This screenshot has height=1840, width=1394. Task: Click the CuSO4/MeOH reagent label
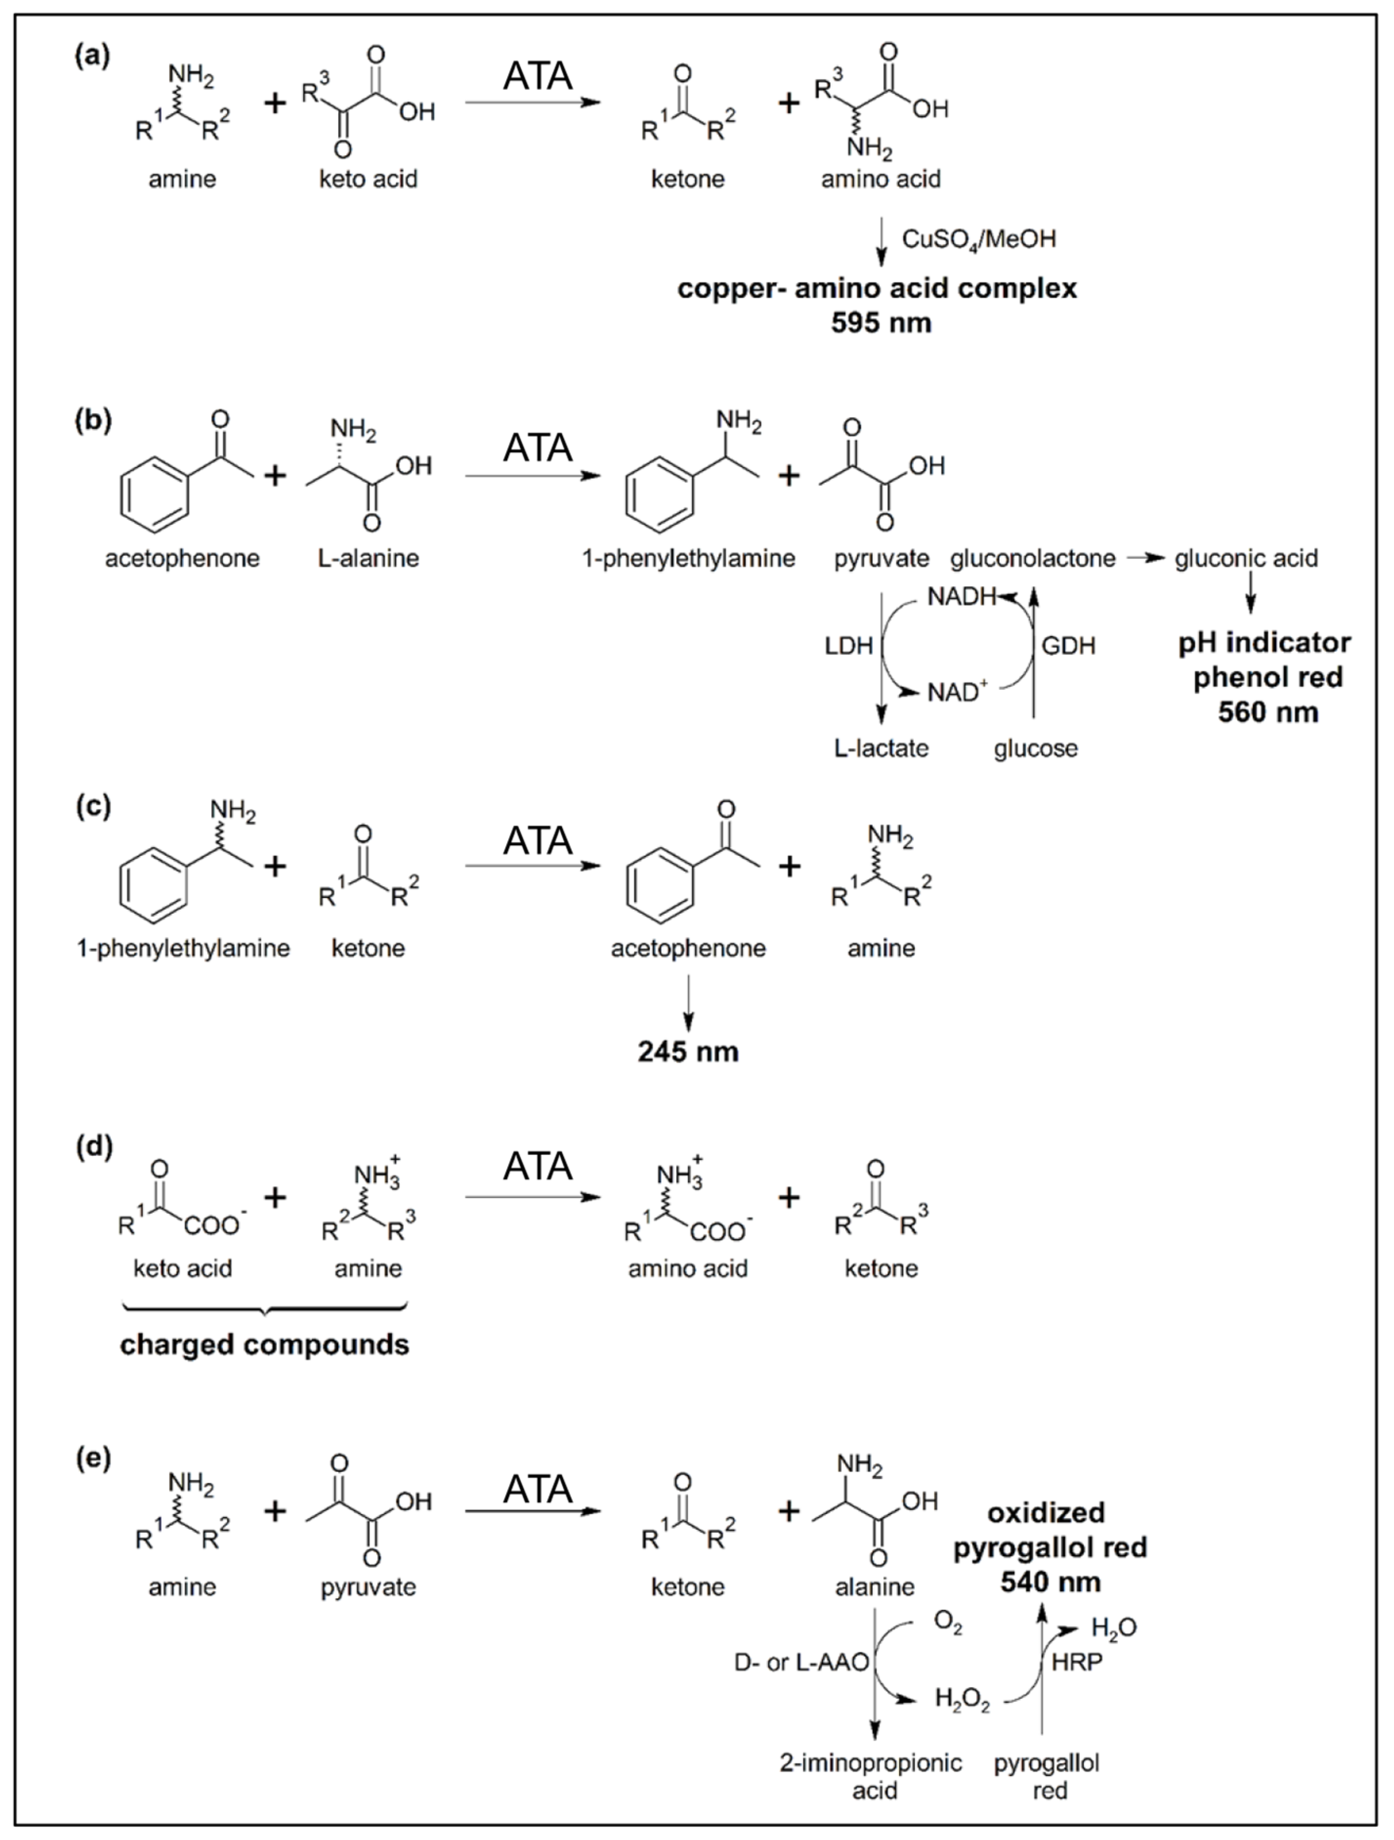(978, 239)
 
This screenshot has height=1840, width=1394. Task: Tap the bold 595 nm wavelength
(881, 323)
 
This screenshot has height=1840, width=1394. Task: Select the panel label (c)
(93, 806)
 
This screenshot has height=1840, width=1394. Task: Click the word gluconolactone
(1032, 558)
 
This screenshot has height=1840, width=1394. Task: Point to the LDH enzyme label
(848, 645)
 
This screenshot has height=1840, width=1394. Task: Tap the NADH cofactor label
(962, 597)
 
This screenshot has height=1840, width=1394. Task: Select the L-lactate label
(881, 748)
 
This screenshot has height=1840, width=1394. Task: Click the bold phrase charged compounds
(265, 1345)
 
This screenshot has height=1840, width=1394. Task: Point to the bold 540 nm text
(1051, 1582)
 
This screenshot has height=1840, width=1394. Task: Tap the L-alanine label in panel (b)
(368, 558)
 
